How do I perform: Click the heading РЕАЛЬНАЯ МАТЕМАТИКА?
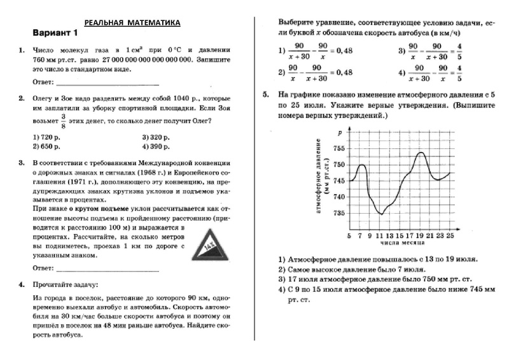[x=132, y=23]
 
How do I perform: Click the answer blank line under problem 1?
[x=108, y=83]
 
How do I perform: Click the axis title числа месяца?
[x=399, y=244]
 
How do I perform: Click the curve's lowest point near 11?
[x=381, y=214]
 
